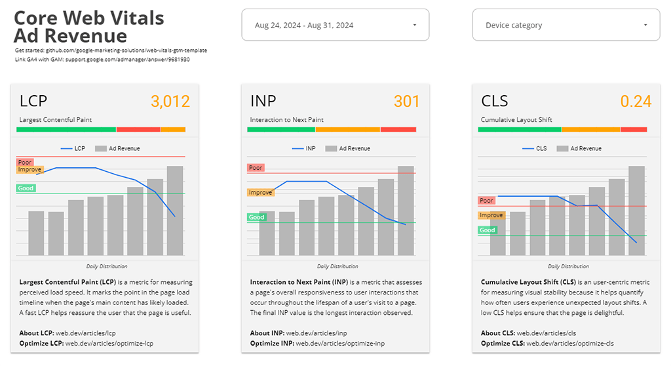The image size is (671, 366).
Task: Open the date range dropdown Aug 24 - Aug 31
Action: (335, 26)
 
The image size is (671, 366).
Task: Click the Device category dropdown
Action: (566, 26)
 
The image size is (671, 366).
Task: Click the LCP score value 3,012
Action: (170, 102)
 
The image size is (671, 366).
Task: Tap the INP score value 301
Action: (406, 102)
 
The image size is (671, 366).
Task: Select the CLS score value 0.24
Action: (636, 102)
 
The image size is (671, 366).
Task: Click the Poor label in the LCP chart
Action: (25, 162)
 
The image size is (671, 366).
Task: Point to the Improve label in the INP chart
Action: (260, 192)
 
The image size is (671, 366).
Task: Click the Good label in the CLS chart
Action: (487, 230)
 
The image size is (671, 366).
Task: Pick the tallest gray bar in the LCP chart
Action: (175, 211)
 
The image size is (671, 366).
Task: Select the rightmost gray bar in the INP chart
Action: (406, 211)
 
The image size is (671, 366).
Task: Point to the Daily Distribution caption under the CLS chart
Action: (568, 266)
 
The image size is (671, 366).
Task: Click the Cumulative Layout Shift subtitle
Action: (516, 120)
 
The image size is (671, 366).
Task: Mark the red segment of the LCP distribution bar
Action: (138, 129)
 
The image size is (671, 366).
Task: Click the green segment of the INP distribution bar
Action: (281, 129)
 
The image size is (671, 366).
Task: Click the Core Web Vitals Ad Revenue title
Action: (89, 26)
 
